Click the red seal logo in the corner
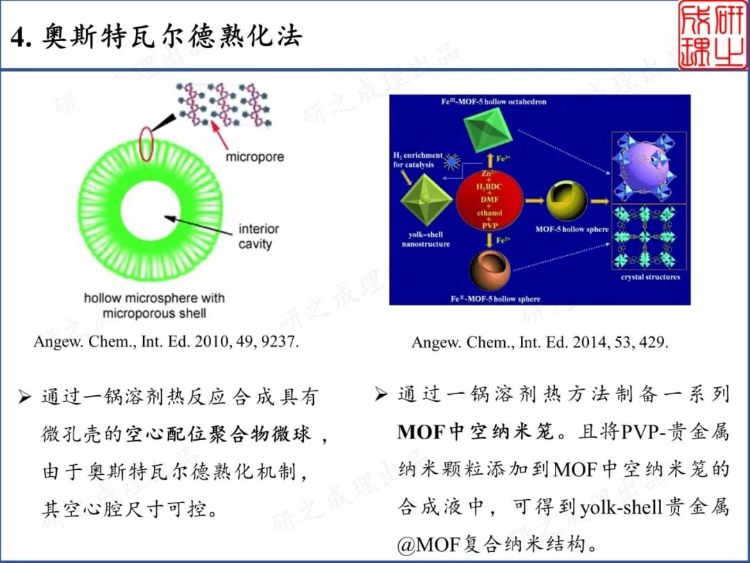pyautogui.click(x=712, y=35)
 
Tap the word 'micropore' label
pyautogui.click(x=254, y=157)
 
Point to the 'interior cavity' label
pyautogui.click(x=258, y=236)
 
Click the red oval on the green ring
pyautogui.click(x=147, y=142)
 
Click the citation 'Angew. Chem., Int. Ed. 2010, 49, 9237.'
pyautogui.click(x=166, y=343)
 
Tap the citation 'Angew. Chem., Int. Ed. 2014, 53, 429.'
pyautogui.click(x=540, y=343)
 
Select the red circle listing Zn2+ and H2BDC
pyautogui.click(x=489, y=200)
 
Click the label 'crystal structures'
pyautogui.click(x=650, y=277)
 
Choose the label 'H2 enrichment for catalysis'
pyautogui.click(x=417, y=160)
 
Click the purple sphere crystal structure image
pyautogui.click(x=649, y=167)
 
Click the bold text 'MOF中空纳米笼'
pyautogui.click(x=476, y=432)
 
